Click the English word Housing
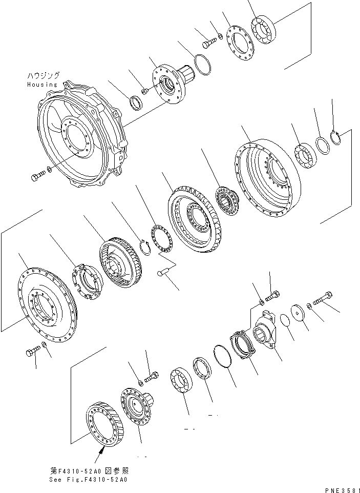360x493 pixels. (42, 84)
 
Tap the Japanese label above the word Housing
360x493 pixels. (43, 75)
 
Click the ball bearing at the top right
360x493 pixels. (264, 31)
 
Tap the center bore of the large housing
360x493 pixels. (76, 136)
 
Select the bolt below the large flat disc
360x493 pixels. (32, 353)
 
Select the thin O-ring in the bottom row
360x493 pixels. (222, 356)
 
